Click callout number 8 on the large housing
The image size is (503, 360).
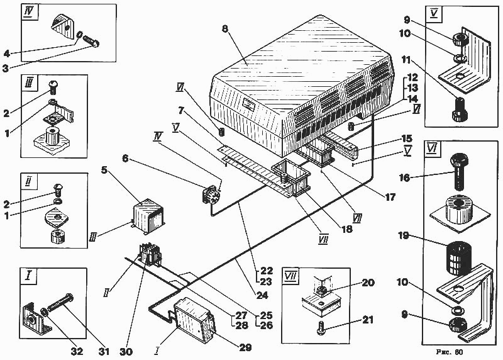pyautogui.click(x=224, y=28)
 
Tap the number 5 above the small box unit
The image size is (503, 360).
pyautogui.click(x=104, y=169)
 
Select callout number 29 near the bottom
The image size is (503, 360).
pyautogui.click(x=245, y=347)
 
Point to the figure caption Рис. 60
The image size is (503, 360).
pyautogui.click(x=450, y=352)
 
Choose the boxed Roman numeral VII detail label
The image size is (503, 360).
pyautogui.click(x=290, y=276)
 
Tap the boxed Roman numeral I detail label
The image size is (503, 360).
pyautogui.click(x=28, y=275)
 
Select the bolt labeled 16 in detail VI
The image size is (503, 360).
pyautogui.click(x=460, y=172)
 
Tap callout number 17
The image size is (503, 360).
pyautogui.click(x=390, y=196)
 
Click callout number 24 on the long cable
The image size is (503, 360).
pyautogui.click(x=262, y=295)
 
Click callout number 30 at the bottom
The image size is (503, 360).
pyautogui.click(x=126, y=352)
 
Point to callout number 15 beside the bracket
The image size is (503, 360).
pyautogui.click(x=406, y=138)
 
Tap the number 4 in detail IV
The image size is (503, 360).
pyautogui.click(x=7, y=53)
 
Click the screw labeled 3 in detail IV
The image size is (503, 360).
pyautogui.click(x=91, y=41)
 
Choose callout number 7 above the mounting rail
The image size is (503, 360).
pyautogui.click(x=182, y=111)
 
